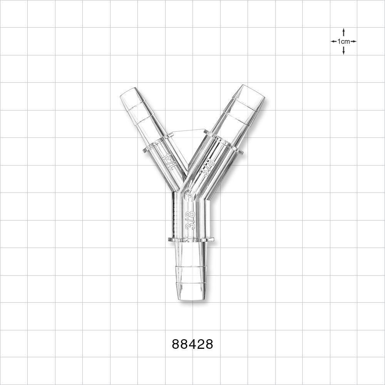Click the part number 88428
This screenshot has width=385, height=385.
(192, 344)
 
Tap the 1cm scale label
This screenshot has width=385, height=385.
(343, 42)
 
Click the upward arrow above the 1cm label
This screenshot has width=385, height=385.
(343, 33)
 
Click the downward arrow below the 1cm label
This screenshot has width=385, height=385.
(343, 50)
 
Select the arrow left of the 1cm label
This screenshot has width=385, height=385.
(334, 42)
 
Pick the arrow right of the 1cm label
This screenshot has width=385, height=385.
(353, 42)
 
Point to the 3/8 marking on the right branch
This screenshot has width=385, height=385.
(208, 167)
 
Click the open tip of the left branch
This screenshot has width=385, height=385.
(128, 92)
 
